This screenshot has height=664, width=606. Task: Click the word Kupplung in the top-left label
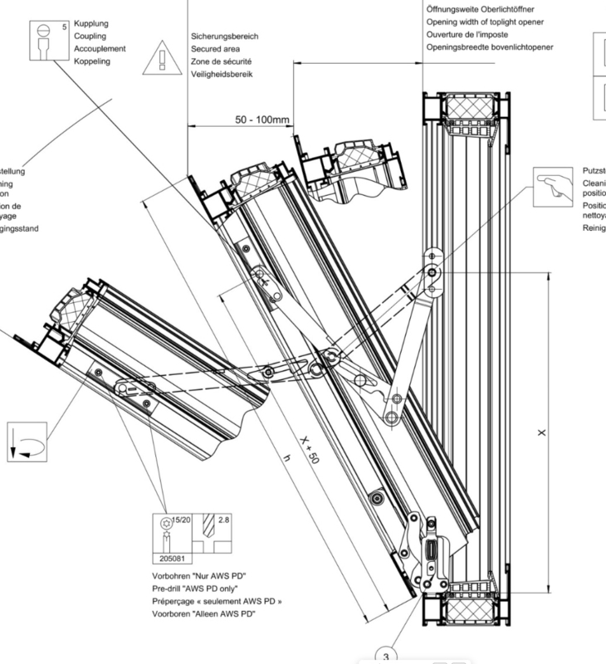coord(91,24)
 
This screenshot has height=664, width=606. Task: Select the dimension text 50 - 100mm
coord(262,120)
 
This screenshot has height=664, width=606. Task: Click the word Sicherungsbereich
coord(224,37)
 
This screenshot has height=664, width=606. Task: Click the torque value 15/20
coord(180,520)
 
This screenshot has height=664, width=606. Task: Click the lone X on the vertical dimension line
coord(541,432)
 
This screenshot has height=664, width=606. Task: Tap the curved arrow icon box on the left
coord(25,440)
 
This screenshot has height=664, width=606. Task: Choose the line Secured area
coord(216,50)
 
